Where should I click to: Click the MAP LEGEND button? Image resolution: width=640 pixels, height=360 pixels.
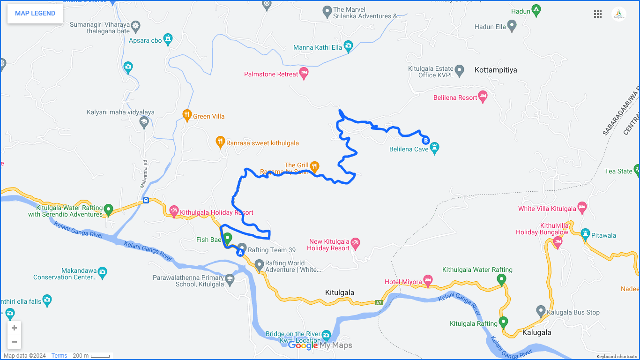point(35,13)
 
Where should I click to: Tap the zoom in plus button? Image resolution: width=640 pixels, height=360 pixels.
point(14,328)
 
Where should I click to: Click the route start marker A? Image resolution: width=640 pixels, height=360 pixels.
point(241,253)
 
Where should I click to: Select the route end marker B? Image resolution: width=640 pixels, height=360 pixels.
point(425,140)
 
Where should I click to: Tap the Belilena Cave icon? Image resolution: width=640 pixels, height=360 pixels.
point(435,147)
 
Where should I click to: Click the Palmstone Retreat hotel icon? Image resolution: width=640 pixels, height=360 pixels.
point(304,73)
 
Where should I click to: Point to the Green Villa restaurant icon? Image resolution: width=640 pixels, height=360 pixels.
point(187,115)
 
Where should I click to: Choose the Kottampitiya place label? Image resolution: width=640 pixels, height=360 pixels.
point(496,70)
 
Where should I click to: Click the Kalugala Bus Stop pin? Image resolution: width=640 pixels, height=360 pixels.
point(541,311)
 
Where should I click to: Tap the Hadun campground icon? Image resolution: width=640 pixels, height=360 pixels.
point(536,10)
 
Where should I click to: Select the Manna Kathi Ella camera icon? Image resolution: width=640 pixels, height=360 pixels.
point(348,46)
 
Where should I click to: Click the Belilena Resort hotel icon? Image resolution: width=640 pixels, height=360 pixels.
point(483,96)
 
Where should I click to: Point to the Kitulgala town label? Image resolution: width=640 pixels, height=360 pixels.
point(340,292)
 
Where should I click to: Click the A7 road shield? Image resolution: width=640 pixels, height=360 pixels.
point(379,303)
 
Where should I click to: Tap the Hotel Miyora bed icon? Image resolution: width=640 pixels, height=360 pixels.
point(428,280)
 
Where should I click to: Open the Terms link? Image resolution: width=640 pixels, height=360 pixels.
point(59,356)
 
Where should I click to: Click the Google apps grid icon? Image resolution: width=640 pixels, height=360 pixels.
point(598,14)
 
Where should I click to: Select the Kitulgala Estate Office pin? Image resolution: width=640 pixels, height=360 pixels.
point(460,70)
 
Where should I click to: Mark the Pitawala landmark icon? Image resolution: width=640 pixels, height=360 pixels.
point(585,233)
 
